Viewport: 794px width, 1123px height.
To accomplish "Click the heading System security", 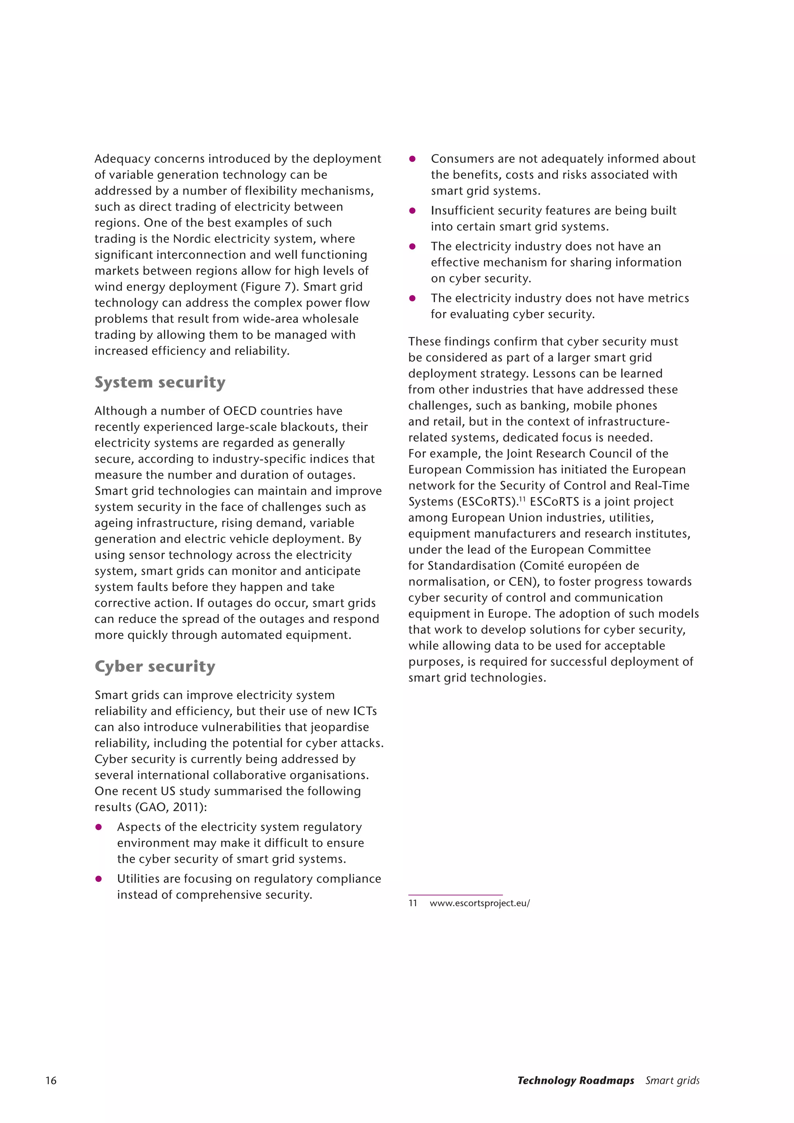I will [x=160, y=382].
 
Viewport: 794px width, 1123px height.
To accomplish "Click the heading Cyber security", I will [x=155, y=666].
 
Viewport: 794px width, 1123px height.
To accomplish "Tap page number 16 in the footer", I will [x=51, y=1080].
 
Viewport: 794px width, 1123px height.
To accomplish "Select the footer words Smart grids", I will [x=672, y=1080].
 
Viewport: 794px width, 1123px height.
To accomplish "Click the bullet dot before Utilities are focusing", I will [x=98, y=879].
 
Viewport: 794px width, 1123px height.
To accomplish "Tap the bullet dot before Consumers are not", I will [x=412, y=159].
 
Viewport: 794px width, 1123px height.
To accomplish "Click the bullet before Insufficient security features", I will [x=412, y=211].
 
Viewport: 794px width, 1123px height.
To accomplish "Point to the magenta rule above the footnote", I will [x=455, y=895].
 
